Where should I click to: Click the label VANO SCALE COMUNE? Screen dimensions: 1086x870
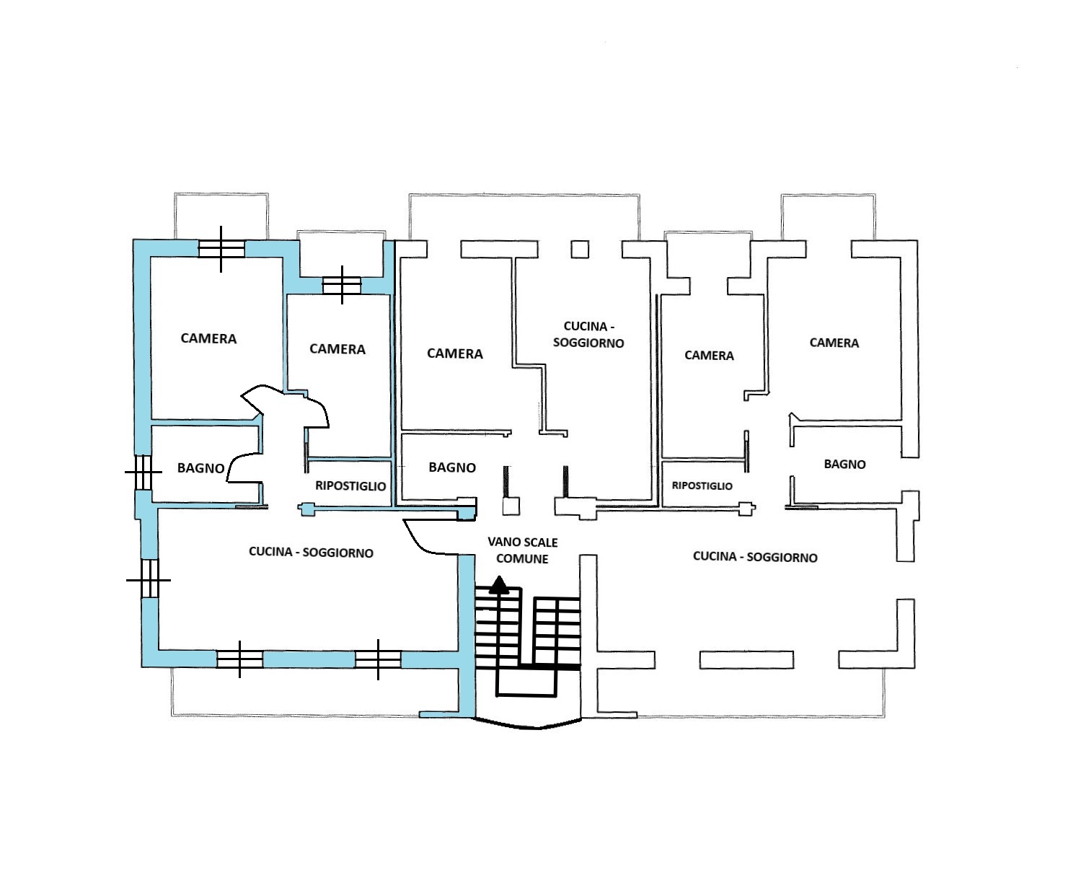(522, 550)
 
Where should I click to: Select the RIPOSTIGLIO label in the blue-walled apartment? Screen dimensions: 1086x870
(350, 485)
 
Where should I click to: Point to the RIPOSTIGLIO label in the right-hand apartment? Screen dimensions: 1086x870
(702, 485)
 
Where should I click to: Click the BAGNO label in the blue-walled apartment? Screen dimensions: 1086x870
(200, 468)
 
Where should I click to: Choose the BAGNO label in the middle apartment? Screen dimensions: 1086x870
(452, 467)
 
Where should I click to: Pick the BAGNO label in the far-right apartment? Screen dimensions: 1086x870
(844, 464)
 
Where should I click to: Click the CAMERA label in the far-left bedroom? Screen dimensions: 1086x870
(208, 338)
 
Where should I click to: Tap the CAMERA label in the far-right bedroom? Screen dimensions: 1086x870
(834, 343)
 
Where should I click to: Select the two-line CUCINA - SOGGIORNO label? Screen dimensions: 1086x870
(588, 335)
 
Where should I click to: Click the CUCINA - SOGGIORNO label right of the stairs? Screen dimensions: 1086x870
(755, 557)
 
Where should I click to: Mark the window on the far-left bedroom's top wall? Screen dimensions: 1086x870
(221, 249)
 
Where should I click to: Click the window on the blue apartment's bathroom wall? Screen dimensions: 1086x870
(144, 472)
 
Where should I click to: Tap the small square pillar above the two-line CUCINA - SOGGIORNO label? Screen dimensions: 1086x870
(580, 250)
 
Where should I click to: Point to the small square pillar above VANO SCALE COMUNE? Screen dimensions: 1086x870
(511, 506)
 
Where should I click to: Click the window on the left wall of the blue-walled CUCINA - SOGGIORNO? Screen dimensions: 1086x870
(149, 580)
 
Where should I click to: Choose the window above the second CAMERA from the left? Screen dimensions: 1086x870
(342, 285)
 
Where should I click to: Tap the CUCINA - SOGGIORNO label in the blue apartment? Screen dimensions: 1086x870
(311, 553)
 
